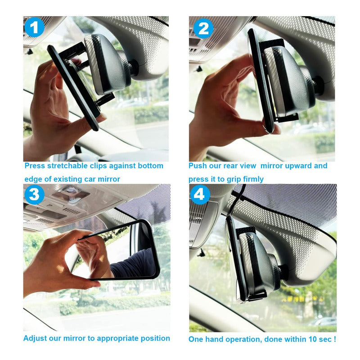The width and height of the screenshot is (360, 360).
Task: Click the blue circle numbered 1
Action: (35, 27)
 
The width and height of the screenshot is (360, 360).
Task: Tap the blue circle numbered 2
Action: (203, 28)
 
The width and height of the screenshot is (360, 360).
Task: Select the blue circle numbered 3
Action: (35, 195)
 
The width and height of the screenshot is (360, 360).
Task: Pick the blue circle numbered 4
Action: (200, 195)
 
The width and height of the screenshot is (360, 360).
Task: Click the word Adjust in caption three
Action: (34, 338)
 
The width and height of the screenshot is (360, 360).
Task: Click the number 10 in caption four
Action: (311, 339)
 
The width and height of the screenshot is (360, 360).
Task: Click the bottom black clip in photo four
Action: (257, 296)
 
